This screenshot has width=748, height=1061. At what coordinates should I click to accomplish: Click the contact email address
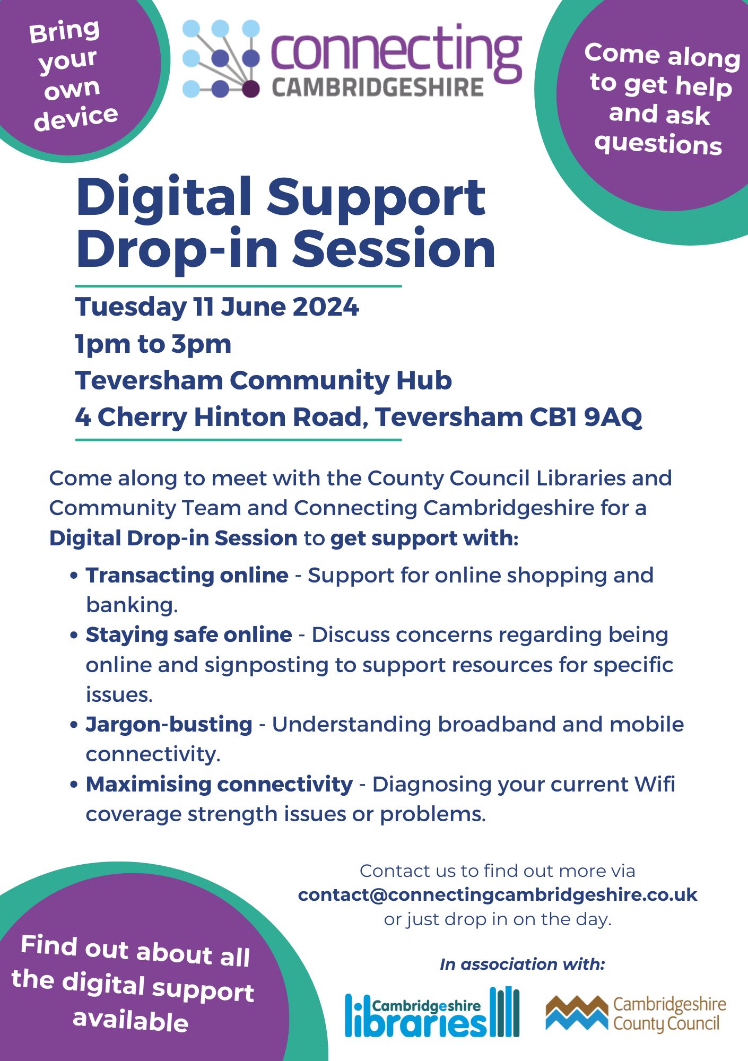pos(497,894)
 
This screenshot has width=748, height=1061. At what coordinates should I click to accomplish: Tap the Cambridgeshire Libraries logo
pos(432,1012)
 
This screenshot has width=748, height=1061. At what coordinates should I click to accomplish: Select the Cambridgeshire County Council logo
pos(635,1014)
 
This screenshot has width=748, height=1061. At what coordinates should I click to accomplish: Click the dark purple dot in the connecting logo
pos(251,89)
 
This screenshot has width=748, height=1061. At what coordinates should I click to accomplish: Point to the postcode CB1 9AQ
pos(586,417)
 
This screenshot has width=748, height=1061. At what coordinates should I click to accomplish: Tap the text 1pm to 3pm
pos(153,344)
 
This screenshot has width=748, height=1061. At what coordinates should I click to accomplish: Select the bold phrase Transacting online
pos(187,575)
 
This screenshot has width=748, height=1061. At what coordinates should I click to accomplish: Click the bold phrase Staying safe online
pos(189,634)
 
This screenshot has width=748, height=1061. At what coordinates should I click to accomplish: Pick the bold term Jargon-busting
pos(169,724)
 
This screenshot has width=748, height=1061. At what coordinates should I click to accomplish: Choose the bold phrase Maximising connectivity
pos(219,784)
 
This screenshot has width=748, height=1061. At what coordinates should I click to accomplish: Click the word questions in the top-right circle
pos(658,143)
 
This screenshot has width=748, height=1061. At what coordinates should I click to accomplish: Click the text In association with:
pos(522,964)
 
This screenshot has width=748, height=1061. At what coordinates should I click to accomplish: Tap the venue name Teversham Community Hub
pos(263,380)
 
